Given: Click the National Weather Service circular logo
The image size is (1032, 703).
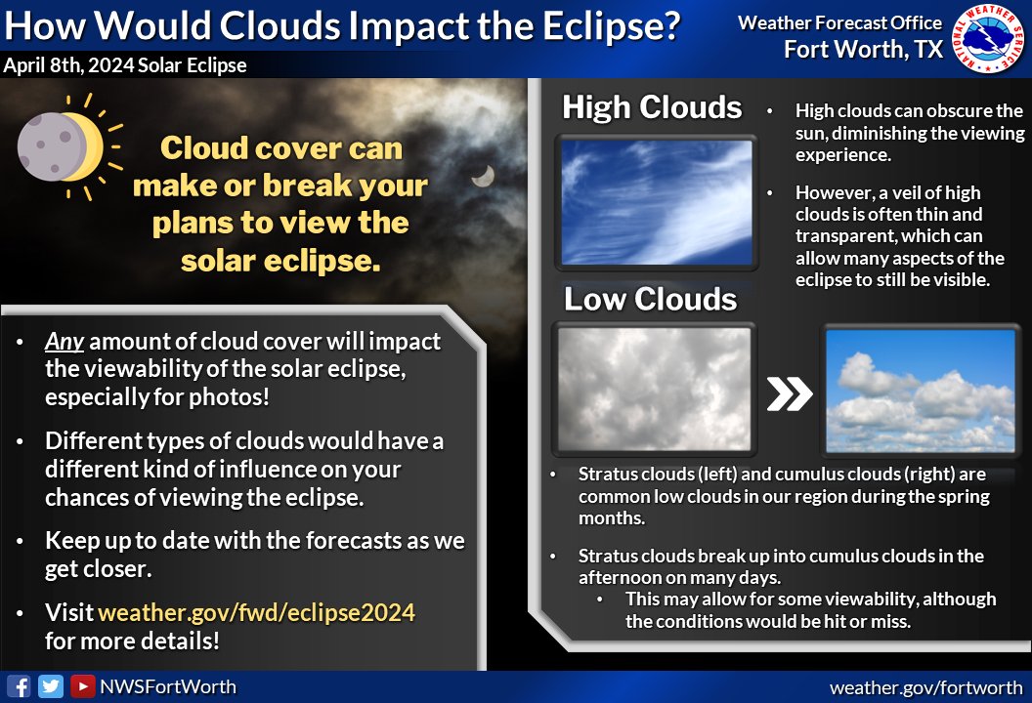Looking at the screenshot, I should point(988,38).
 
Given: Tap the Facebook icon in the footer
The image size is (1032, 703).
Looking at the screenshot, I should point(19,686).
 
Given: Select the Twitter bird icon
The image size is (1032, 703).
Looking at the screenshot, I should point(50,686).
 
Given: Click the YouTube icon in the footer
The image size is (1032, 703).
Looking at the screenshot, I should point(82,686).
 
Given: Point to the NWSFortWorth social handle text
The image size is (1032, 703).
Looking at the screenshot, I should point(167,686).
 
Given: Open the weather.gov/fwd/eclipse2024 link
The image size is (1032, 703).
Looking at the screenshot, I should point(256,613).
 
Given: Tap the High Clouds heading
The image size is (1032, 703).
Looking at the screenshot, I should point(652,107).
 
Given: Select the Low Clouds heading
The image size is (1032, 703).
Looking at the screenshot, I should point(650,299).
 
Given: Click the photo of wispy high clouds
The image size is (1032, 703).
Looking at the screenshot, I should point(656,203).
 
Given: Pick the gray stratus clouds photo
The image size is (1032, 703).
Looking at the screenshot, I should point(654,390).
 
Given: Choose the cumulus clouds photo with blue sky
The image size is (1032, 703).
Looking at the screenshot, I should point(921,390).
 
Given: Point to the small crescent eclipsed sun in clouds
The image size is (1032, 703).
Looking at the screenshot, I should point(481,176).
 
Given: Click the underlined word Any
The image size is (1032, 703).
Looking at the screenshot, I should point(64,343).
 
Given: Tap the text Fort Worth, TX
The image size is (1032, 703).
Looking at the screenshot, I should point(863,49).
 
